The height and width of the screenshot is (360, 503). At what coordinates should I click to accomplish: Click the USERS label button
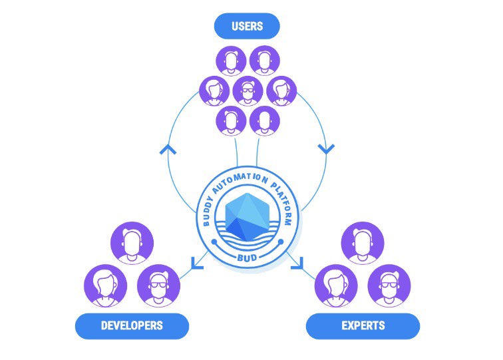(247, 26)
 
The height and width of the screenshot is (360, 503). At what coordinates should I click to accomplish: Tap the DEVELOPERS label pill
(132, 325)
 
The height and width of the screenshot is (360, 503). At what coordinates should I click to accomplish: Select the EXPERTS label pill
(363, 325)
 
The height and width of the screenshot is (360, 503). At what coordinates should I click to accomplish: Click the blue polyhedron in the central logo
(247, 217)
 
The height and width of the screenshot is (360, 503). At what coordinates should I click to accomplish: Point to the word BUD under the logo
(247, 258)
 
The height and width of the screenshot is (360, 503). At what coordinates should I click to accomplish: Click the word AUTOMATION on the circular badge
(240, 181)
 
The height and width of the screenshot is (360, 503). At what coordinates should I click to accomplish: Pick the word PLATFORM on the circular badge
(283, 203)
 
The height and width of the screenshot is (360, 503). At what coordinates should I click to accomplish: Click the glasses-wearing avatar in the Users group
(248, 91)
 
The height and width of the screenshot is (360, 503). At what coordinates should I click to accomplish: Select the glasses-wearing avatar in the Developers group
(158, 285)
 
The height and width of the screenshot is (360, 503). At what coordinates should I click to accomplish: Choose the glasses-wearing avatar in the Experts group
(389, 285)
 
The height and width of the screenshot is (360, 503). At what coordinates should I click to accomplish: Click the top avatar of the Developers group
(132, 243)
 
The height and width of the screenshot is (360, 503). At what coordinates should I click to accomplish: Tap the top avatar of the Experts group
(363, 243)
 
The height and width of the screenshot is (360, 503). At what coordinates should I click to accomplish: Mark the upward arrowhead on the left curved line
(168, 149)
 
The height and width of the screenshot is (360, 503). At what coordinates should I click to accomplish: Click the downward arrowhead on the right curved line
(326, 149)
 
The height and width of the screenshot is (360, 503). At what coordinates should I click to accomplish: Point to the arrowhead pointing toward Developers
(197, 263)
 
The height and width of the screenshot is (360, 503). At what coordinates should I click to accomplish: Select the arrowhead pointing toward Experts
(297, 263)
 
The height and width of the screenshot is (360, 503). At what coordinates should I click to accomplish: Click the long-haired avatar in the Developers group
(106, 285)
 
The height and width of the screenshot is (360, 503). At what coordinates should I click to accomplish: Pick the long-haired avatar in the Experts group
(336, 285)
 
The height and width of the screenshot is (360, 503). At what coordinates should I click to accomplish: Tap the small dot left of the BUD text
(214, 242)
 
